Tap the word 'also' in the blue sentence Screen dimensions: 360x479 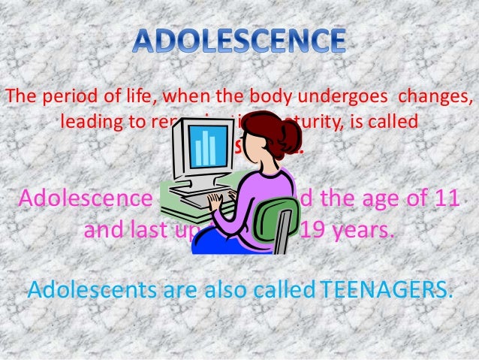(x=203, y=289)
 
